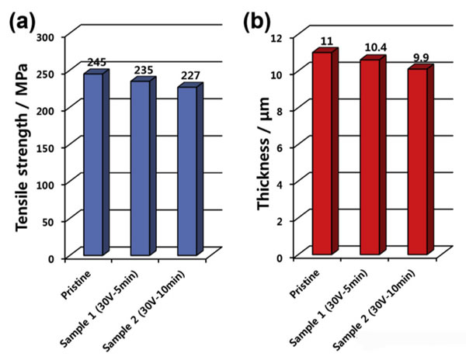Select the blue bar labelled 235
click(x=140, y=168)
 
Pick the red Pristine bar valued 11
click(x=322, y=154)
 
